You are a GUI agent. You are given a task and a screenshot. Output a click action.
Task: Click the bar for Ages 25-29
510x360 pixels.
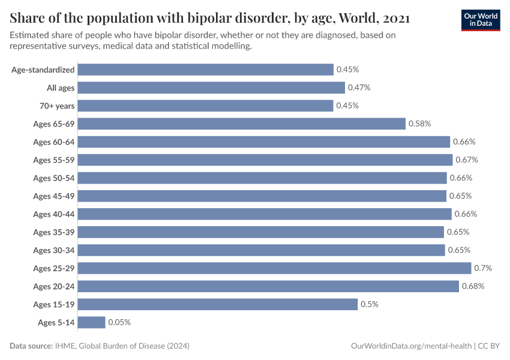274,268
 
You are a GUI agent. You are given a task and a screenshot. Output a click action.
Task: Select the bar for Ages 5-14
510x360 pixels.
91,322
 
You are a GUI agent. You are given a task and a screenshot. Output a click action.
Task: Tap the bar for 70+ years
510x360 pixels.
205,106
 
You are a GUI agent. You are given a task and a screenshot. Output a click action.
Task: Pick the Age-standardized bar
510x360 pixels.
205,70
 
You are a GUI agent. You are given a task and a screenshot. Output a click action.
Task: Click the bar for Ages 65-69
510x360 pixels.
242,124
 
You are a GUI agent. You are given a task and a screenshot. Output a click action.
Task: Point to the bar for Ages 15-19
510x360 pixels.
218,304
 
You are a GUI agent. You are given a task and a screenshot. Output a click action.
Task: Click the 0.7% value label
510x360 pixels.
483,268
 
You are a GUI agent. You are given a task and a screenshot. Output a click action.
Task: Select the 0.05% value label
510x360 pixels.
119,322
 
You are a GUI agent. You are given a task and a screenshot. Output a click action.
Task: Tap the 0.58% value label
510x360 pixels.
419,124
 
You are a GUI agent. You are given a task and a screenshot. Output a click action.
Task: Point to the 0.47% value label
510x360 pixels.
359,88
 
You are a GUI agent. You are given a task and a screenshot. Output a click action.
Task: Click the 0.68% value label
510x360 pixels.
473,286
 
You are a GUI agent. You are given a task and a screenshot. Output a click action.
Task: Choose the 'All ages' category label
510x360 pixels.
61,88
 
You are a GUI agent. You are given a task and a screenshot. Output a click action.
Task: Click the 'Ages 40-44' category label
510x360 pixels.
54,214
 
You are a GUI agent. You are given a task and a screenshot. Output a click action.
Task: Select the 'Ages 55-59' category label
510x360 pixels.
54,160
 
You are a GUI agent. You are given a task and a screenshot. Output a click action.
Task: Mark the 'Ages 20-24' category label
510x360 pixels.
54,286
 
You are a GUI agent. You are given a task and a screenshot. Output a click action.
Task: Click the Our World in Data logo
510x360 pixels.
480,19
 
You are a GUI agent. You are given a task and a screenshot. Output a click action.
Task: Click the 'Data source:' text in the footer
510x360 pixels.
31,346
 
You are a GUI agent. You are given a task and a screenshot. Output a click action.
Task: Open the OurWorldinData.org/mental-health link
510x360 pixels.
410,346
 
